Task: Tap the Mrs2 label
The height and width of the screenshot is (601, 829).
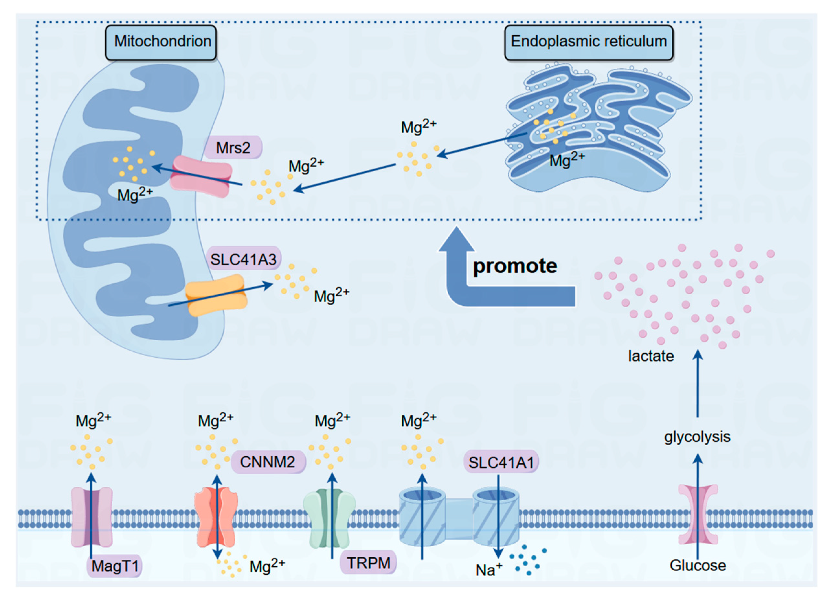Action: tap(233, 148)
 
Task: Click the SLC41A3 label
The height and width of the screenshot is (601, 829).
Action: tap(243, 259)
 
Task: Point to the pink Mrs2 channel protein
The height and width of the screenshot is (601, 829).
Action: tap(201, 176)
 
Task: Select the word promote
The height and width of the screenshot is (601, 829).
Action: tap(515, 266)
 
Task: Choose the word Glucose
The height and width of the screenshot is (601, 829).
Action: tap(697, 565)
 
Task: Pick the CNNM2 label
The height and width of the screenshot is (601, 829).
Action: tap(268, 462)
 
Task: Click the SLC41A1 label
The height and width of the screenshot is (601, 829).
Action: tap(501, 462)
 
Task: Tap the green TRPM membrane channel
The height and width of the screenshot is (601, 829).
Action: tap(329, 519)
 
